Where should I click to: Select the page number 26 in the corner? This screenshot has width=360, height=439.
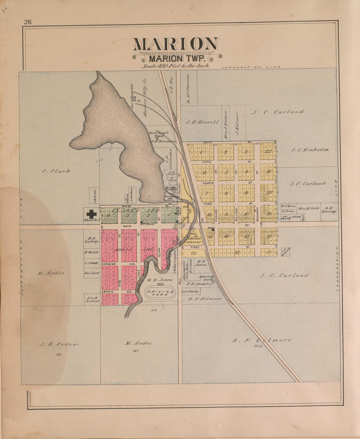click(x=27, y=22)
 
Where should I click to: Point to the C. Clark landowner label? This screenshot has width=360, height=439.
click(x=56, y=171)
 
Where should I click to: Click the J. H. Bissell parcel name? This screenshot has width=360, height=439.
click(x=202, y=122)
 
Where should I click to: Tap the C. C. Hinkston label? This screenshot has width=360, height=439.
click(x=310, y=150)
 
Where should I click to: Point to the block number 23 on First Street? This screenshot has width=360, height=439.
click(x=193, y=253)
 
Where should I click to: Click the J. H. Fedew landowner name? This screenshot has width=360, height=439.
click(x=59, y=344)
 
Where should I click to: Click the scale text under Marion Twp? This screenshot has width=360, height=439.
click(x=175, y=66)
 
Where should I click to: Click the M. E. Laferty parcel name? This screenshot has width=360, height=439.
click(x=91, y=240)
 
